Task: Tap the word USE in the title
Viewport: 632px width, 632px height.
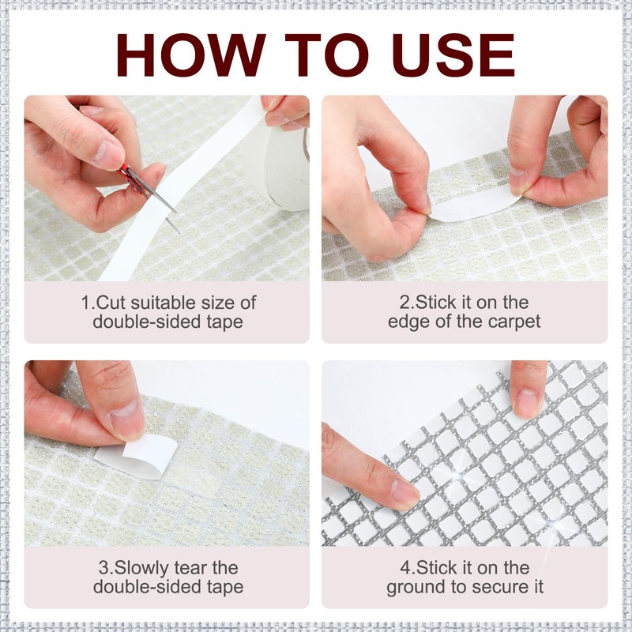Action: [x=453, y=55]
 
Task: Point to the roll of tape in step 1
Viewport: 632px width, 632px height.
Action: [x=287, y=168]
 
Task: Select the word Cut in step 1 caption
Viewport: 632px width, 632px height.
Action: [x=109, y=303]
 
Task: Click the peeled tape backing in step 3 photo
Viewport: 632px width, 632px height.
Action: [x=137, y=457]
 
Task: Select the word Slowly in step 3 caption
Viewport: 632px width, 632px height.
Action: [x=142, y=568]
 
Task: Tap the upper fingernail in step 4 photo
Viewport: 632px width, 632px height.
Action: [x=527, y=403]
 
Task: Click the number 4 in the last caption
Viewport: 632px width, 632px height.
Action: [x=404, y=568]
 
